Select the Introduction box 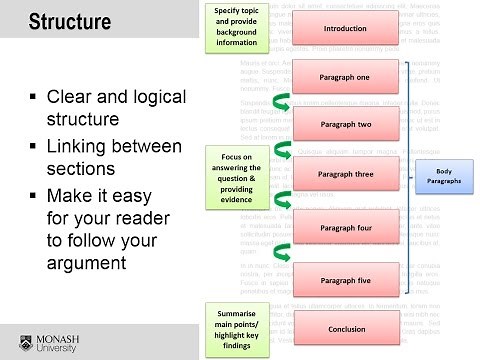click(x=346, y=29)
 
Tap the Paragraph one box click(x=346, y=77)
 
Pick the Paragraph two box click(x=346, y=125)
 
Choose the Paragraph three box click(x=346, y=173)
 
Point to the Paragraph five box click(x=346, y=281)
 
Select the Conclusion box click(x=346, y=329)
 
